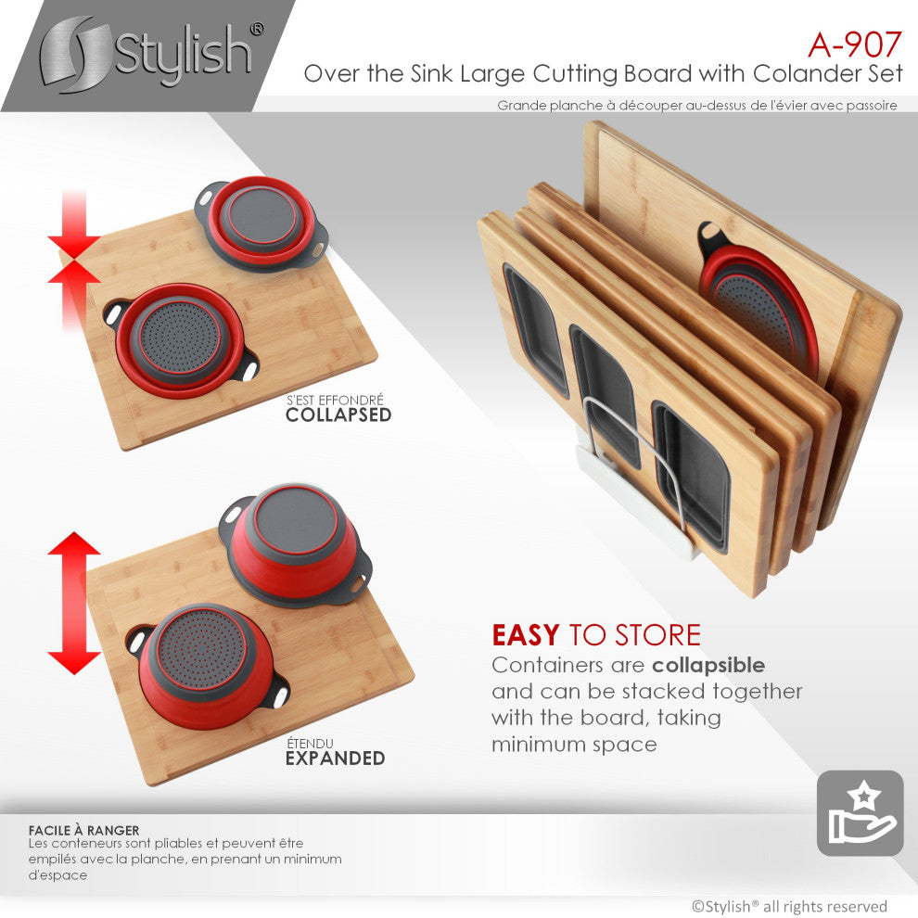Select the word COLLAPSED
pyautogui.click(x=338, y=415)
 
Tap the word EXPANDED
pyautogui.click(x=334, y=759)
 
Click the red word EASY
pyautogui.click(x=525, y=635)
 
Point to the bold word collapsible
pyautogui.click(x=708, y=665)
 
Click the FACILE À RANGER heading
pyautogui.click(x=84, y=831)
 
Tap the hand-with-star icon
pyautogui.click(x=860, y=813)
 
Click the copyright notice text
pyautogui.click(x=789, y=906)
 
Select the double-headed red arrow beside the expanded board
pyautogui.click(x=74, y=603)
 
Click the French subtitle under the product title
pyautogui.click(x=696, y=106)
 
